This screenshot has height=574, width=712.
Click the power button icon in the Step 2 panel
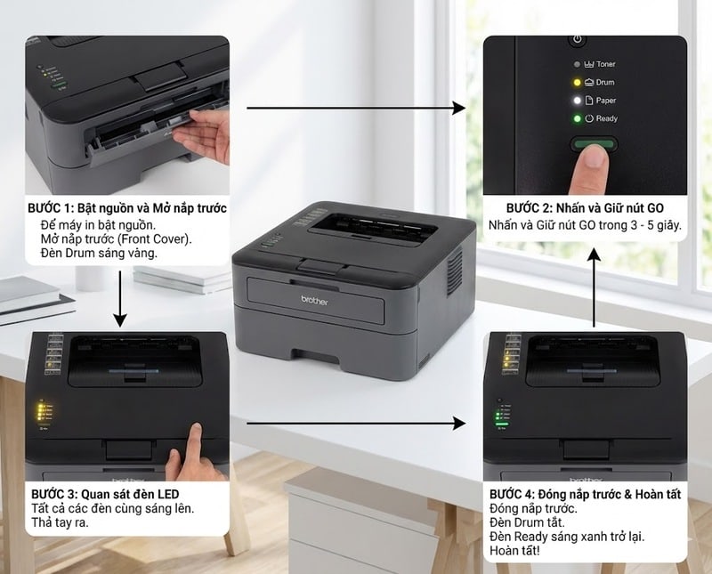(577, 39)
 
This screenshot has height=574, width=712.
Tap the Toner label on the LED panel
(605, 64)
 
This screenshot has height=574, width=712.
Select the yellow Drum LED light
(577, 82)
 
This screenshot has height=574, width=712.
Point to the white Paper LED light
(577, 101)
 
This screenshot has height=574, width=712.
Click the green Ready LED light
(577, 118)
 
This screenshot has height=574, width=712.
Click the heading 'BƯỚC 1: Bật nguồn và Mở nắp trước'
(127, 207)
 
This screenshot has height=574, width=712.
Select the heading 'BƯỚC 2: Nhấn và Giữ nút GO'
(585, 207)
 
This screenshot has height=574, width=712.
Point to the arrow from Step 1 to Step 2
(356, 109)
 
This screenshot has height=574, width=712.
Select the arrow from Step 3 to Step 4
(356, 424)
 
